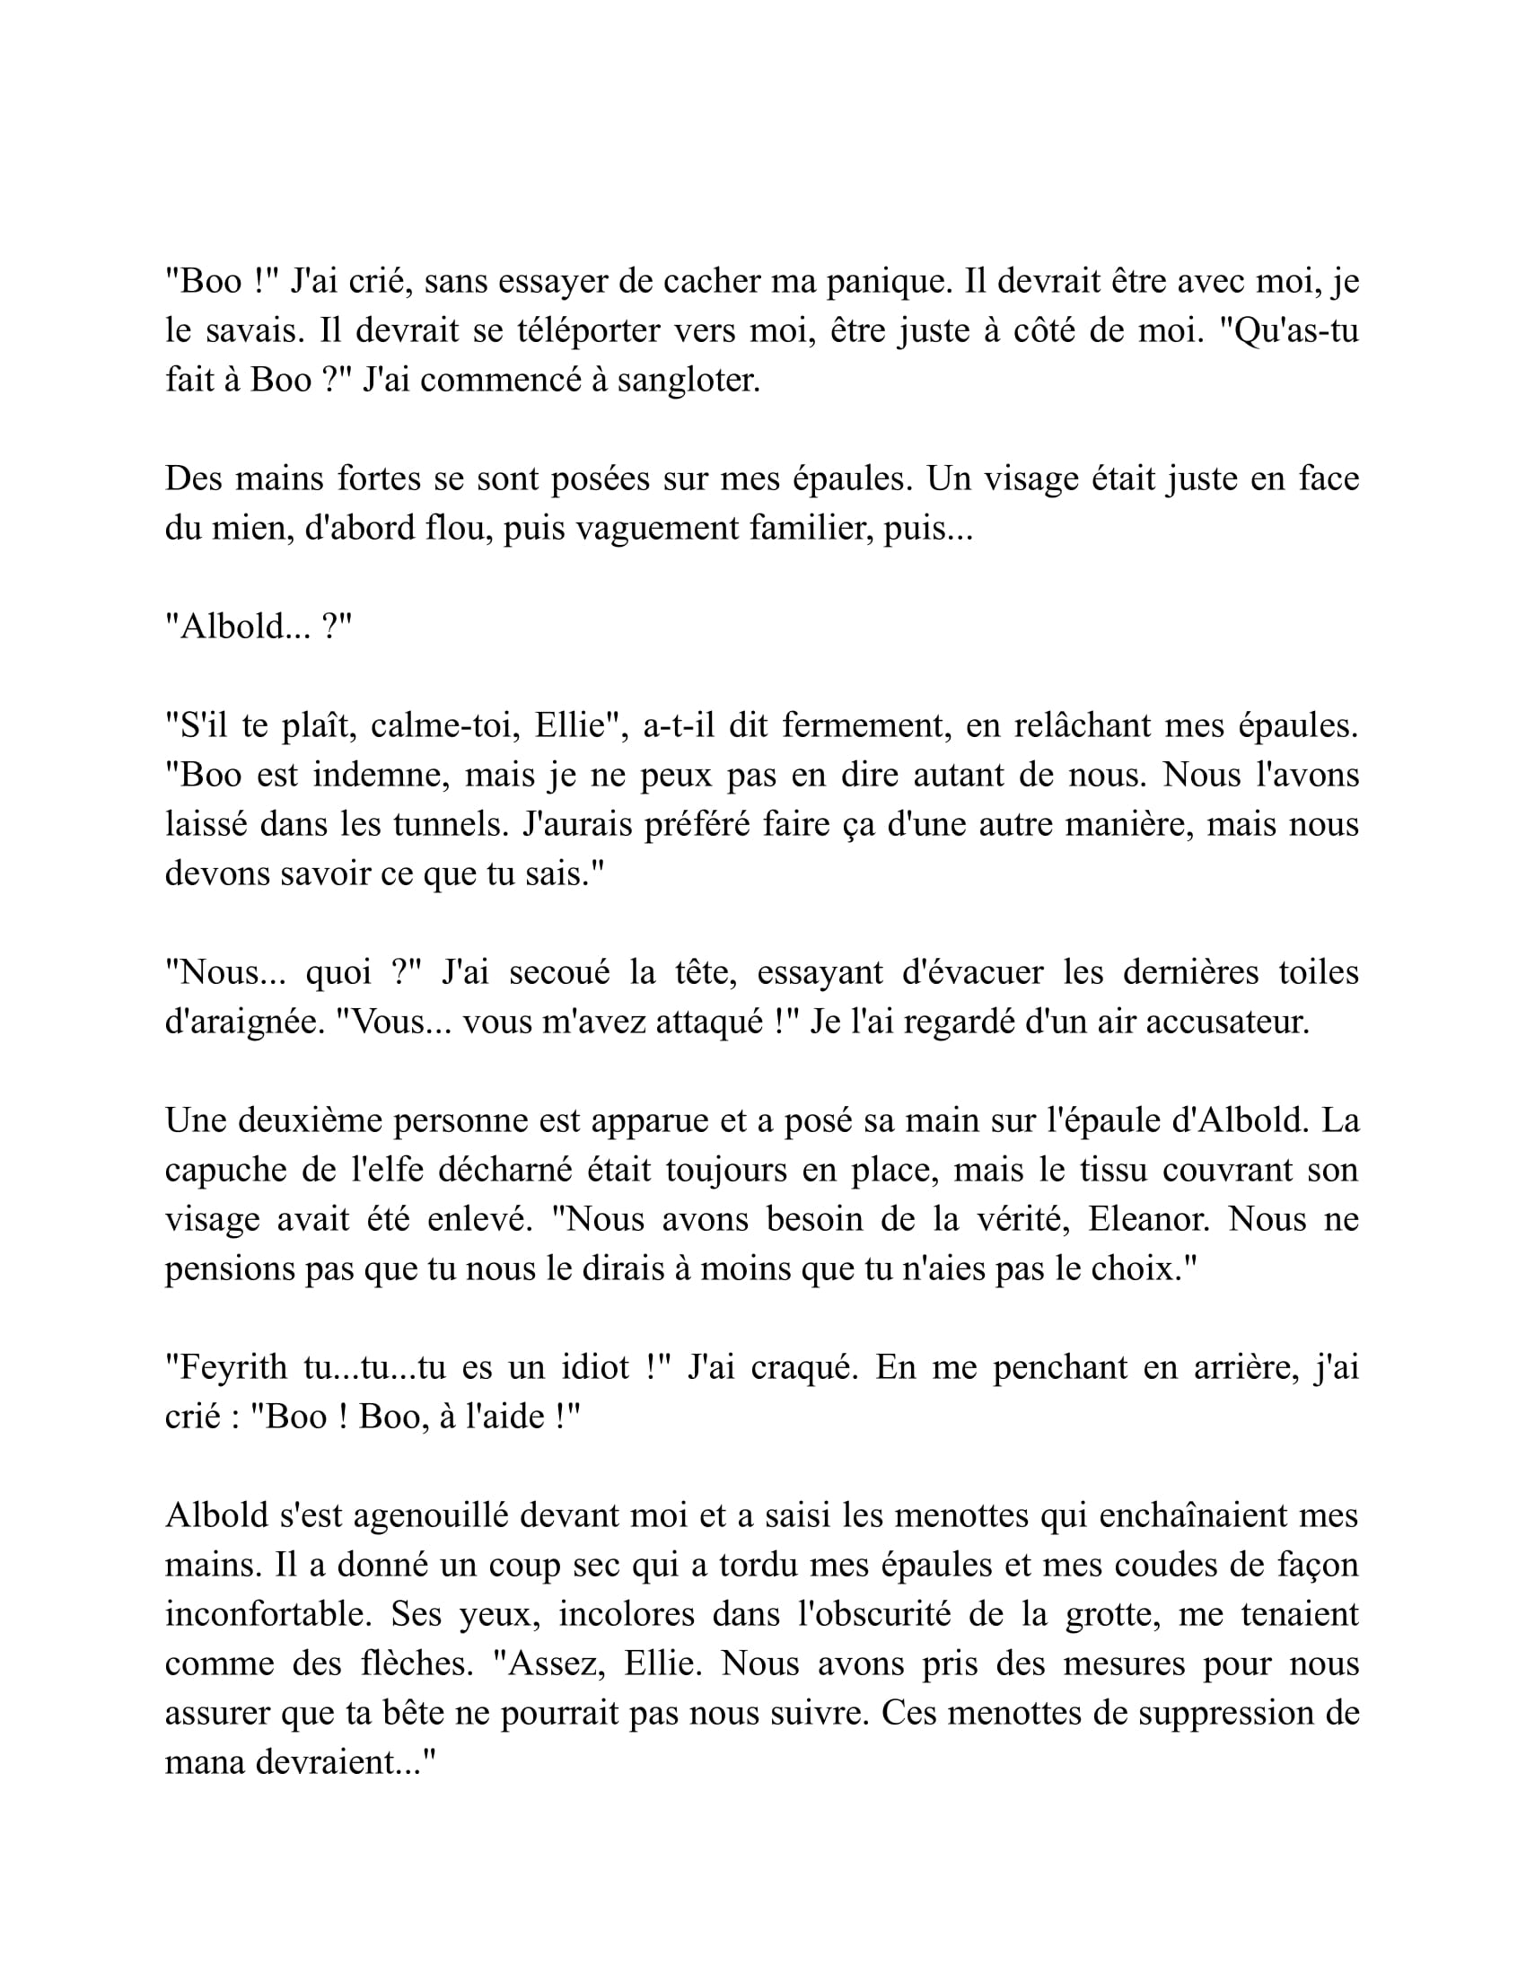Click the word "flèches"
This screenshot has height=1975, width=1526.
point(416,1663)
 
